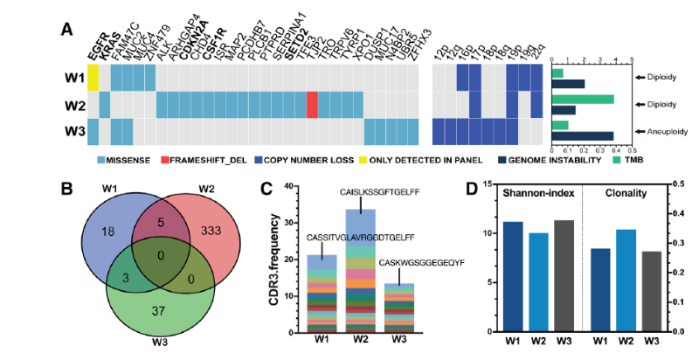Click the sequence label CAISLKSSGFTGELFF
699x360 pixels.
[x=364, y=193]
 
